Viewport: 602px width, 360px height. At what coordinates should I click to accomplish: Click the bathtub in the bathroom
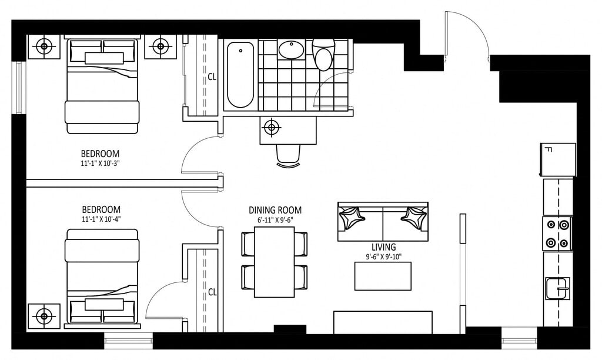point(240,75)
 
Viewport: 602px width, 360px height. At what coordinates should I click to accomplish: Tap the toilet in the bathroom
point(324,55)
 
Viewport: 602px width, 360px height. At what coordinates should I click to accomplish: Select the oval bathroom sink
point(291,50)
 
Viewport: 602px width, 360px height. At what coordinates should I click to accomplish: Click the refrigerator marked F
point(558,159)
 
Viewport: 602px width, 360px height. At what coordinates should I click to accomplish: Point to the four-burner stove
point(557,234)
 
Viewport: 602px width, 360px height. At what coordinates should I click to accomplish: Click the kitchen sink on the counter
point(558,288)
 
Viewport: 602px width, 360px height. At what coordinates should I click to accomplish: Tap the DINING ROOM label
point(275,210)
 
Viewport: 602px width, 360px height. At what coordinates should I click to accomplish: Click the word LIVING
point(383,247)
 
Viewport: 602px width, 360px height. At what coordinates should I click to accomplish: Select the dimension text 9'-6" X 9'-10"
point(383,257)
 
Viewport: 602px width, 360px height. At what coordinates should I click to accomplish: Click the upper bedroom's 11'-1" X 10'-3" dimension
point(100,163)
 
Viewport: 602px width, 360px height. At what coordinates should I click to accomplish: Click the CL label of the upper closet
point(212,77)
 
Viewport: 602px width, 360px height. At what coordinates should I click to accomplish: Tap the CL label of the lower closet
point(212,292)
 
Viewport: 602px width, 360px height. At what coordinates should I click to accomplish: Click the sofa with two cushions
point(383,222)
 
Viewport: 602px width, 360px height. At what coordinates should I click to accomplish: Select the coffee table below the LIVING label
point(383,276)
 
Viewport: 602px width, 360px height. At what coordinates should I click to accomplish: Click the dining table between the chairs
point(275,262)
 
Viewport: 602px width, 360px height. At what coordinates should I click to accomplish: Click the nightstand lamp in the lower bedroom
point(44,316)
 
